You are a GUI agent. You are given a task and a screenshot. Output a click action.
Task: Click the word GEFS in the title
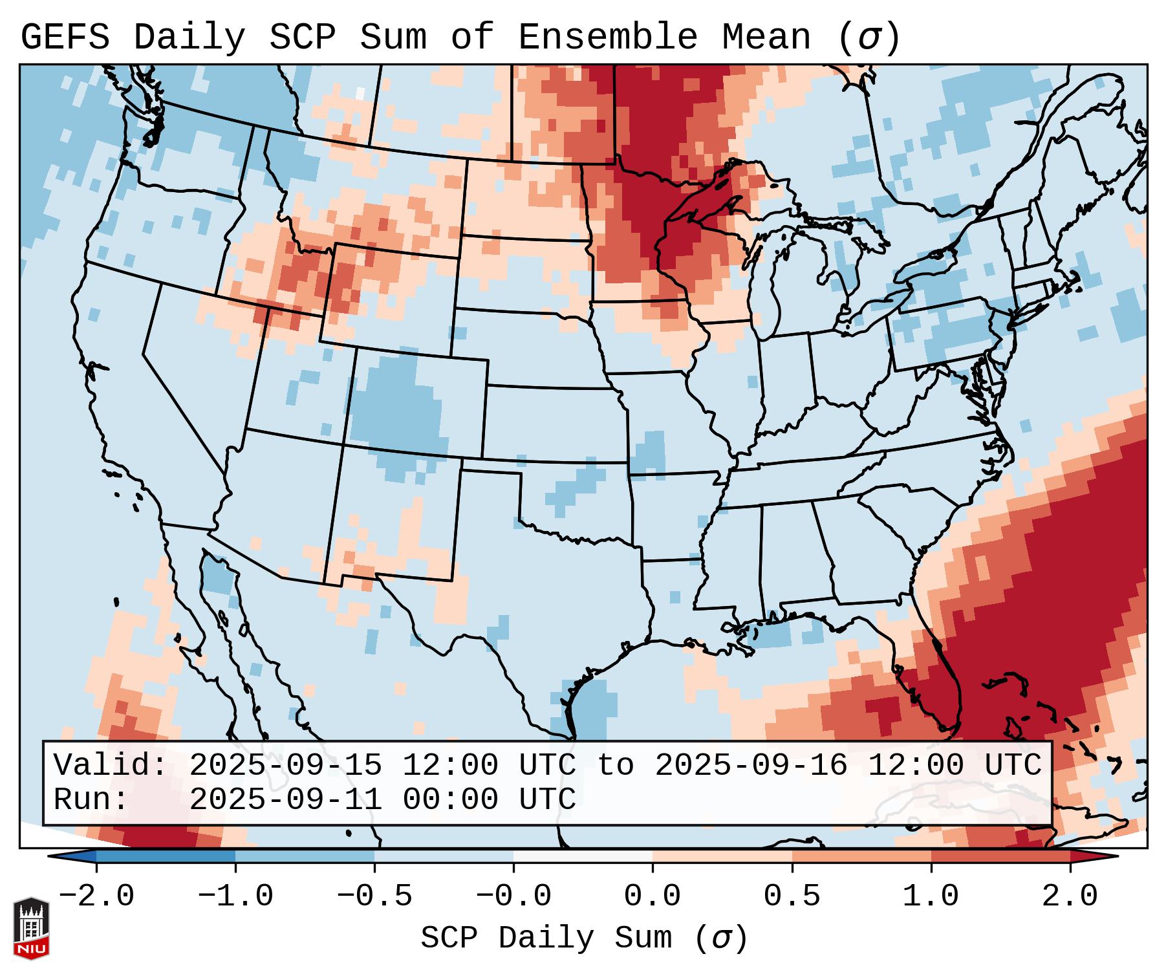(65, 38)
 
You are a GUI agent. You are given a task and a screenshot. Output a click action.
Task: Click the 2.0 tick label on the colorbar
(1070, 896)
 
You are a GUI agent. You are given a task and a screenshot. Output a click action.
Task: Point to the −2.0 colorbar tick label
(96, 896)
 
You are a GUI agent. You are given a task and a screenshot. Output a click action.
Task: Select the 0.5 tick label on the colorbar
(792, 896)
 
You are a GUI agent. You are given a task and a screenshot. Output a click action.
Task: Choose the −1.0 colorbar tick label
(235, 896)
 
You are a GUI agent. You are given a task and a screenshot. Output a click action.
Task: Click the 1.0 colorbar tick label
(931, 896)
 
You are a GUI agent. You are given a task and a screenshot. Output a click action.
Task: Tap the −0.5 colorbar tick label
(374, 896)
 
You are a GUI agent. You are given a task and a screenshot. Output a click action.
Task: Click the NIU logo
(31, 928)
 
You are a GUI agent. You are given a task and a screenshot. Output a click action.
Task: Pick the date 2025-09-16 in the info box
(751, 765)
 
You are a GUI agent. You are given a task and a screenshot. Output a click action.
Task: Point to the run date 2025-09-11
(285, 799)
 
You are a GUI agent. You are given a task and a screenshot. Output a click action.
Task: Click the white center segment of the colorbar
(583, 856)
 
